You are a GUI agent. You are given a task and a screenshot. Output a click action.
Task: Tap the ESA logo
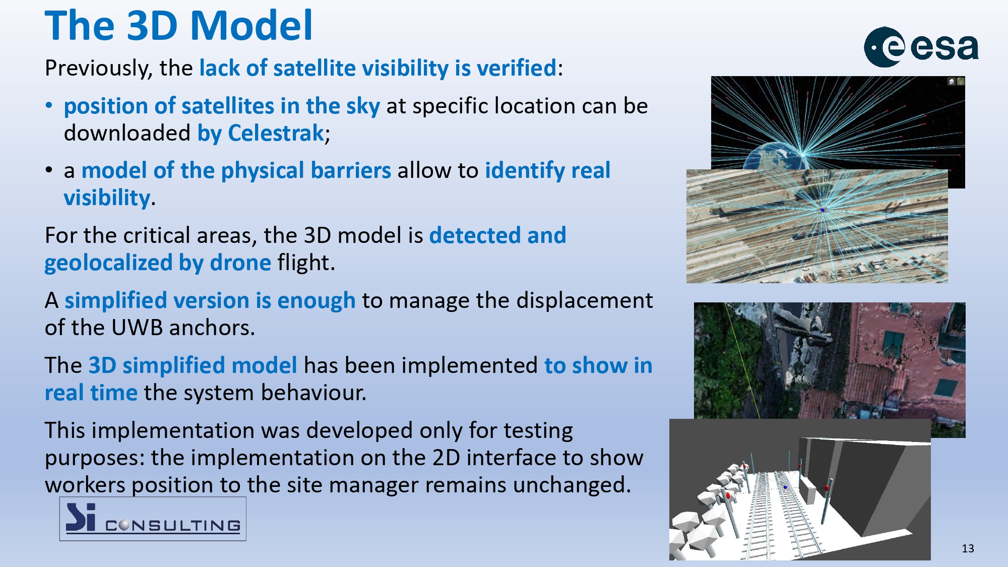click(921, 47)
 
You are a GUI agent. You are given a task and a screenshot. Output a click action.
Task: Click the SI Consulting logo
click(153, 519)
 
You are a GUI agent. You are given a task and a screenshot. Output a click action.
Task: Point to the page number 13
click(968, 548)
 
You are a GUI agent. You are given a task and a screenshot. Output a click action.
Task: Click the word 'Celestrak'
click(276, 133)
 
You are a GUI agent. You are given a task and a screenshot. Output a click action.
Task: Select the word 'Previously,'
click(99, 68)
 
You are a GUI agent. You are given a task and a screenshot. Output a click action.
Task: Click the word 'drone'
click(240, 263)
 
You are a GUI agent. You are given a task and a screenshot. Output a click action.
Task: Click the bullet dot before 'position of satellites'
click(49, 106)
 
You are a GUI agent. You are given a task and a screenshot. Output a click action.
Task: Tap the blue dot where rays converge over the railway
click(823, 210)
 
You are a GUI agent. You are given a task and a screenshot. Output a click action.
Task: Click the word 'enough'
click(317, 301)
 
